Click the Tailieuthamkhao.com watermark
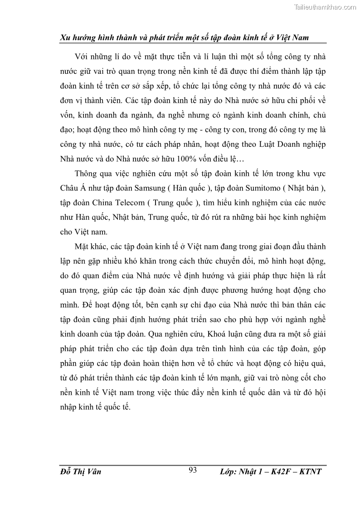[326, 7]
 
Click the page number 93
[192, 470]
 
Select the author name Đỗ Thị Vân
[80, 472]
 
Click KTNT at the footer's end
[311, 472]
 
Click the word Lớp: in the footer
[230, 472]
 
